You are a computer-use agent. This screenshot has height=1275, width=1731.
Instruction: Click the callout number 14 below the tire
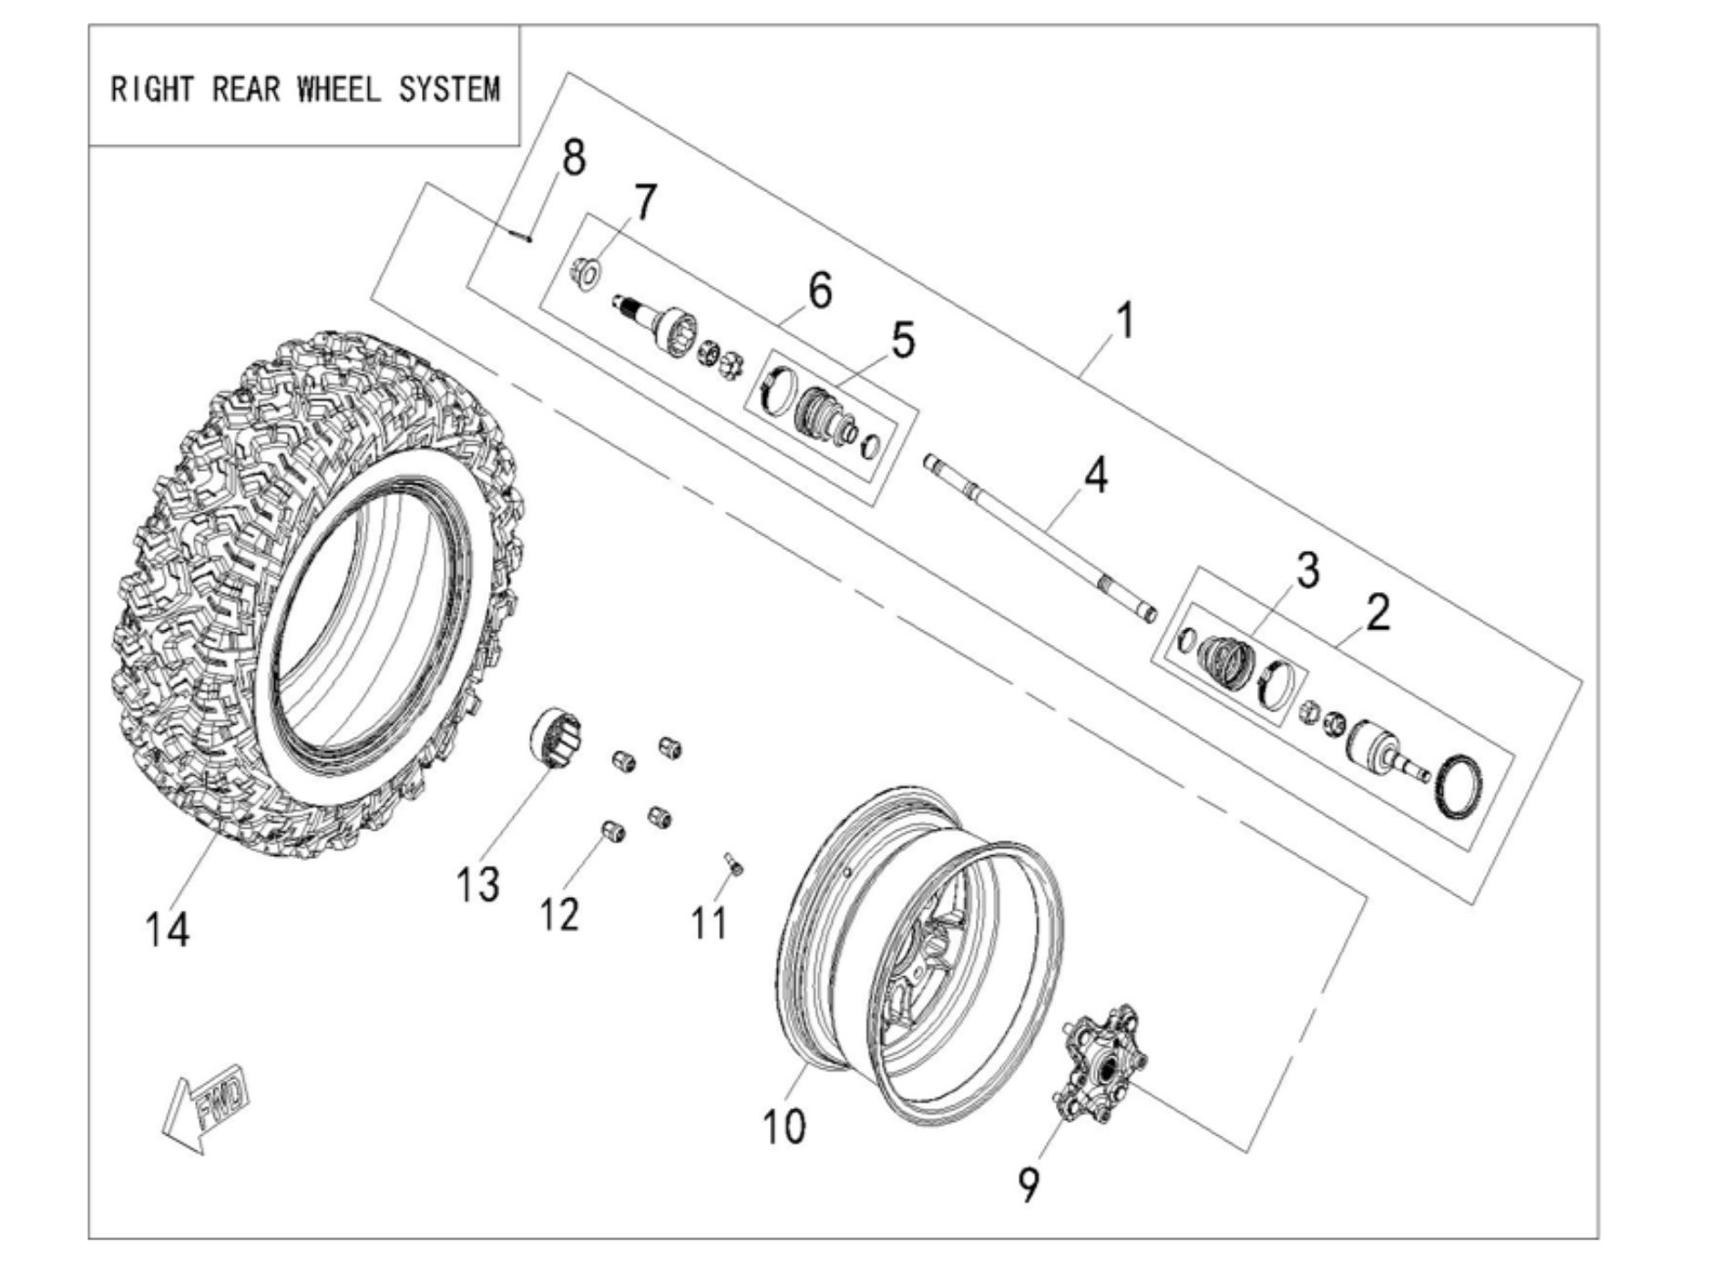click(168, 930)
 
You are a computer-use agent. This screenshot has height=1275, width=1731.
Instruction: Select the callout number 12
click(558, 913)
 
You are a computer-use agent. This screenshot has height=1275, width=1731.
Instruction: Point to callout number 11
click(710, 923)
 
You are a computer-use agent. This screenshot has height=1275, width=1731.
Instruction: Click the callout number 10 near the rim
click(784, 1127)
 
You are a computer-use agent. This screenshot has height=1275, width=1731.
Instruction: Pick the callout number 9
click(1029, 1184)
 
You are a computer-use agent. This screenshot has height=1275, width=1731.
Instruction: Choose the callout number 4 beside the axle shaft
click(1096, 475)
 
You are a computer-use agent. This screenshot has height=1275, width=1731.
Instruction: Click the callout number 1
click(1126, 321)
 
